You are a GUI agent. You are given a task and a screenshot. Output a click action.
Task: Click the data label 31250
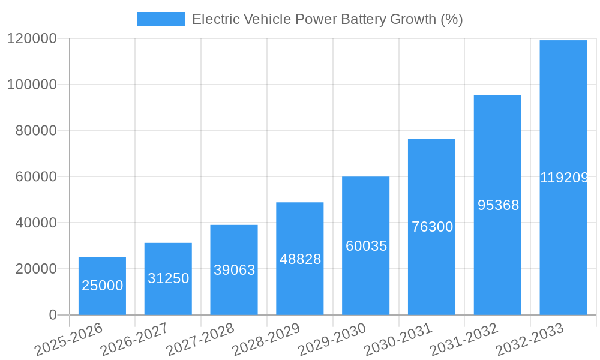coord(168,278)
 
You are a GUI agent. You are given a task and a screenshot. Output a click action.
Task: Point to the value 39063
coord(234,270)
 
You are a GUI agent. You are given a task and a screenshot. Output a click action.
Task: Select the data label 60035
coord(366,246)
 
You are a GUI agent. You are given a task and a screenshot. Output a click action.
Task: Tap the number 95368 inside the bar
coord(497,205)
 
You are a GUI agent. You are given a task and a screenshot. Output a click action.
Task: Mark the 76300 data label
coord(431,227)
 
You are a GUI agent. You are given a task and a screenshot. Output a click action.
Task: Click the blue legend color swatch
coord(160,19)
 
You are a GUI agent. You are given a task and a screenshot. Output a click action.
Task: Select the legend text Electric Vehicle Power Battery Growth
coord(327,19)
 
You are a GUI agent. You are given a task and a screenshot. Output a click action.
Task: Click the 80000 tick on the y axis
coord(35,131)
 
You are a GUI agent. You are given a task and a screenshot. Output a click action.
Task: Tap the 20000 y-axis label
coord(35,269)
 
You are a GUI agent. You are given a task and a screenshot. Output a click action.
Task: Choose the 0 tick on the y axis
coord(53,315)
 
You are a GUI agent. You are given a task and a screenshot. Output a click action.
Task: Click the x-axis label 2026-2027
coord(133,340)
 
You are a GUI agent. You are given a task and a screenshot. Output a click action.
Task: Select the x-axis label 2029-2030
coord(331,340)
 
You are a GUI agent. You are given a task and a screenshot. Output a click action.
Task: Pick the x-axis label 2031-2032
coord(463,340)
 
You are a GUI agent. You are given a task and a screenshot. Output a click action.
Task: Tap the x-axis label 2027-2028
coord(199,340)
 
